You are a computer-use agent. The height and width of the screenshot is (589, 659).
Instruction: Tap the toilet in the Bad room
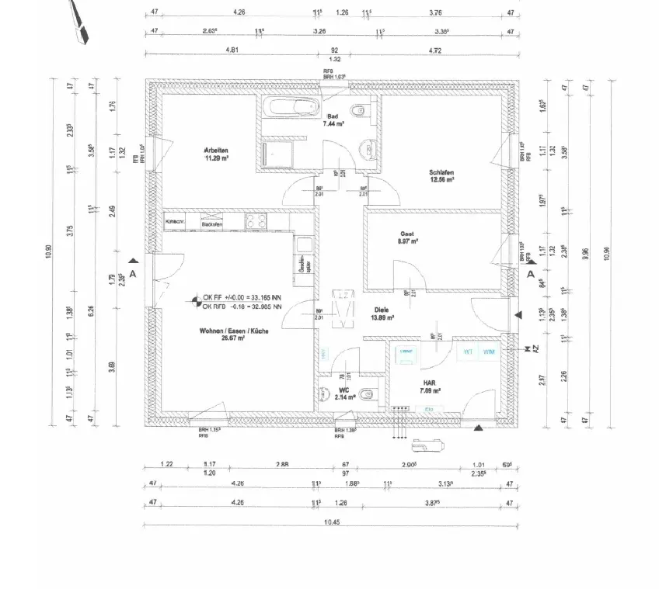click(x=358, y=113)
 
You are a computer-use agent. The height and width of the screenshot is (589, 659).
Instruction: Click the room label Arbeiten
click(x=216, y=150)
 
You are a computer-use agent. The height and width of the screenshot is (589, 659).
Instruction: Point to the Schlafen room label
click(x=441, y=172)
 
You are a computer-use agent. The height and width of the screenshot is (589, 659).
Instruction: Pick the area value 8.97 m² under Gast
click(x=409, y=241)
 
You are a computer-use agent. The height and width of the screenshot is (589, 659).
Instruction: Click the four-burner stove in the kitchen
click(x=256, y=221)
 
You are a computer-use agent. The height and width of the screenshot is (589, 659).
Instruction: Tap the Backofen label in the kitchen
click(x=211, y=224)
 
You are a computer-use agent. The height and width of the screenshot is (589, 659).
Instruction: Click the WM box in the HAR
click(x=488, y=352)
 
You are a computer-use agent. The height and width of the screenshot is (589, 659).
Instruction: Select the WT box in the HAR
click(x=468, y=352)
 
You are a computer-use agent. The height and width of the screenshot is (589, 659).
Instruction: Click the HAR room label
click(x=428, y=383)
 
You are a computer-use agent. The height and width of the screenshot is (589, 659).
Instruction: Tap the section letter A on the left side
click(x=133, y=274)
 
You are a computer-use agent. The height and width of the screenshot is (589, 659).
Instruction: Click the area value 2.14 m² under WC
click(x=345, y=397)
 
